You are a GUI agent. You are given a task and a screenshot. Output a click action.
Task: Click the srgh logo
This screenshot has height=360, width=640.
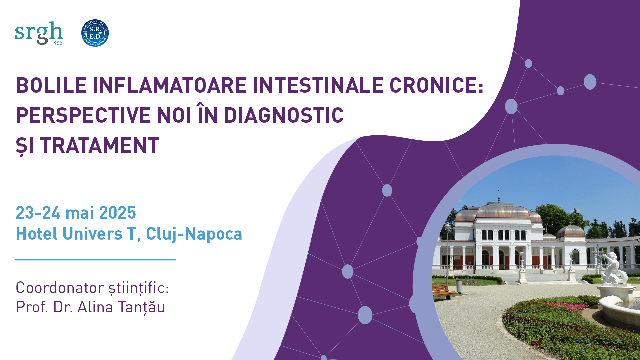pyautogui.click(x=39, y=33)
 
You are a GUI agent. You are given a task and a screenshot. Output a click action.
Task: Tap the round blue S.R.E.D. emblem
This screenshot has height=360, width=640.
pyautogui.click(x=95, y=33)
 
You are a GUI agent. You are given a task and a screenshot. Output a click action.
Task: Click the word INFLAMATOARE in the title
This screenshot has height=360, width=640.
pyautogui.click(x=170, y=85)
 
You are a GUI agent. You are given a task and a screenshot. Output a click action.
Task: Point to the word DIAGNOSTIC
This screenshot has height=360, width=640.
pyautogui.click(x=284, y=115)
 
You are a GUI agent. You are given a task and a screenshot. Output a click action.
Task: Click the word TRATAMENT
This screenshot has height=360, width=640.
pyautogui.click(x=100, y=145)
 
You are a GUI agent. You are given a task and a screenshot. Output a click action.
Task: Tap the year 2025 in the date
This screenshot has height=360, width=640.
pyautogui.click(x=118, y=213)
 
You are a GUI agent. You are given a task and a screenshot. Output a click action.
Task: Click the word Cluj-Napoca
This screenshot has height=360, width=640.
pyautogui.click(x=194, y=234)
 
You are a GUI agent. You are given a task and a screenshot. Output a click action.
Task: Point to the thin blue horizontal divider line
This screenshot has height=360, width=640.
pyautogui.click(x=95, y=260)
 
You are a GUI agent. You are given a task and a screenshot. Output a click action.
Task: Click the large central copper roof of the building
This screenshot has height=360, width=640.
pyautogui.click(x=503, y=212)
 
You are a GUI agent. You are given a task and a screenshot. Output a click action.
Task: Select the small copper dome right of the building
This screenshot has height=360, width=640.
pyautogui.click(x=570, y=230)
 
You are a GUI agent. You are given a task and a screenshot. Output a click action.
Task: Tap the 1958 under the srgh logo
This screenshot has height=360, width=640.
pyautogui.click(x=57, y=43)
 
